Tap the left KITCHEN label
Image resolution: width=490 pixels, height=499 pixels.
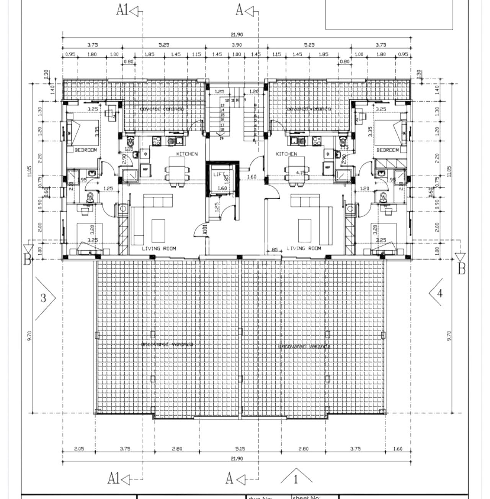(x=187, y=154)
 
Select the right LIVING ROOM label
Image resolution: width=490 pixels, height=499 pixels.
(x=304, y=248)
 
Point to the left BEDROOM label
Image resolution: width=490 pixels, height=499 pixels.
(x=86, y=150)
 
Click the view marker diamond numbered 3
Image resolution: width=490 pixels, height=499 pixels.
(x=43, y=298)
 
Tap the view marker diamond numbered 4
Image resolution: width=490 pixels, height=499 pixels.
(x=439, y=293)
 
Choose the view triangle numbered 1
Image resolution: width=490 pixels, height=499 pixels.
(x=296, y=479)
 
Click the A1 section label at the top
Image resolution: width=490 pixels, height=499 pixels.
(x=122, y=11)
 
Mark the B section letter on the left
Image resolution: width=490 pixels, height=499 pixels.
(x=27, y=260)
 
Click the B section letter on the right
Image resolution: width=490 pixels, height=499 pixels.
(x=462, y=269)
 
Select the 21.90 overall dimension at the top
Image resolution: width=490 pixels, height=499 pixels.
(x=237, y=34)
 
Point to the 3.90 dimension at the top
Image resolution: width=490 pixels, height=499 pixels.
(x=237, y=45)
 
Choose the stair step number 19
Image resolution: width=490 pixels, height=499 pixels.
(x=222, y=139)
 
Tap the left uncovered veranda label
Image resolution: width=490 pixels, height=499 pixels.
(x=167, y=344)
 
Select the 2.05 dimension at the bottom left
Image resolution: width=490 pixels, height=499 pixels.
(x=78, y=449)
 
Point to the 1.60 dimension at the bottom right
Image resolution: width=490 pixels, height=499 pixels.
(x=398, y=449)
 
